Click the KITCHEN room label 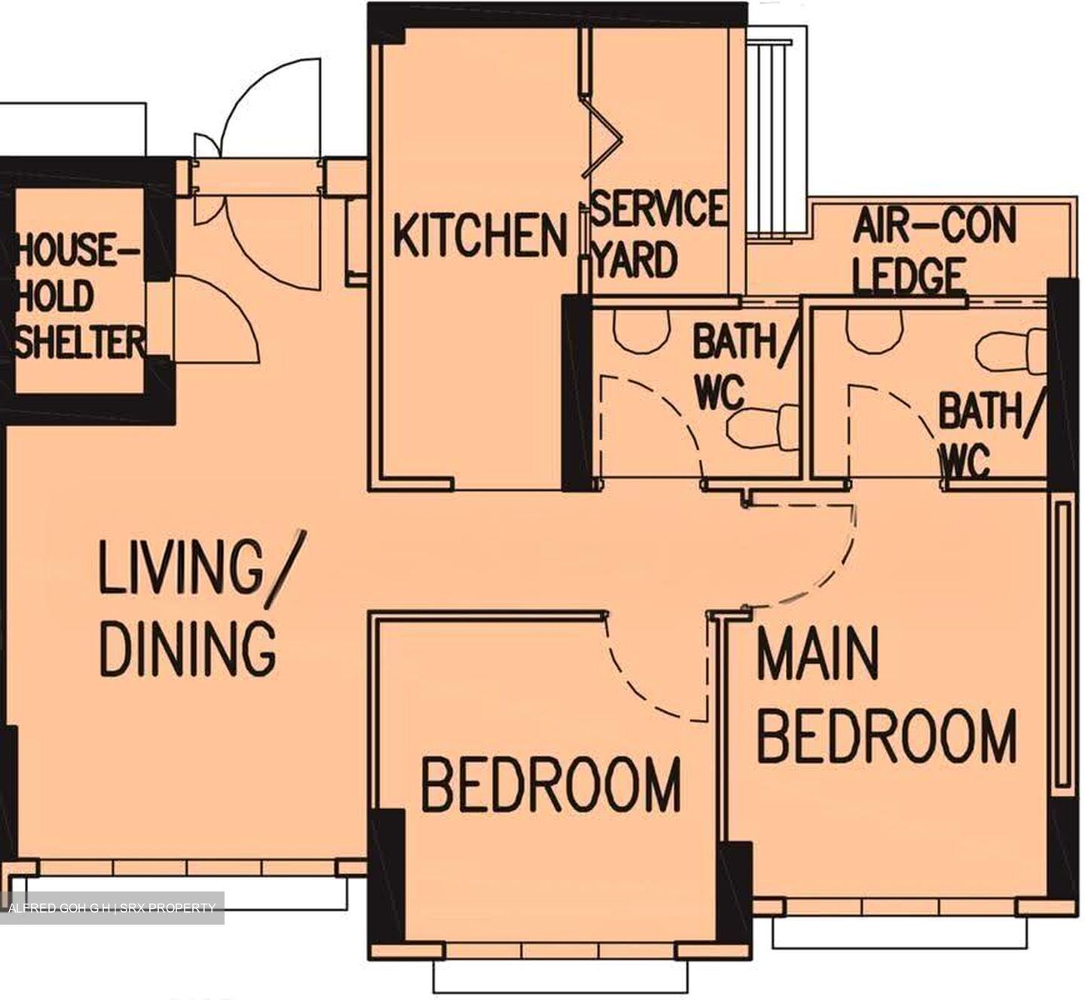(480, 235)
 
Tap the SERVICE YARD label (657, 233)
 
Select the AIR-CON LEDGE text (934, 252)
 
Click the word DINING (188, 647)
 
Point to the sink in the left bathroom (641, 329)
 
